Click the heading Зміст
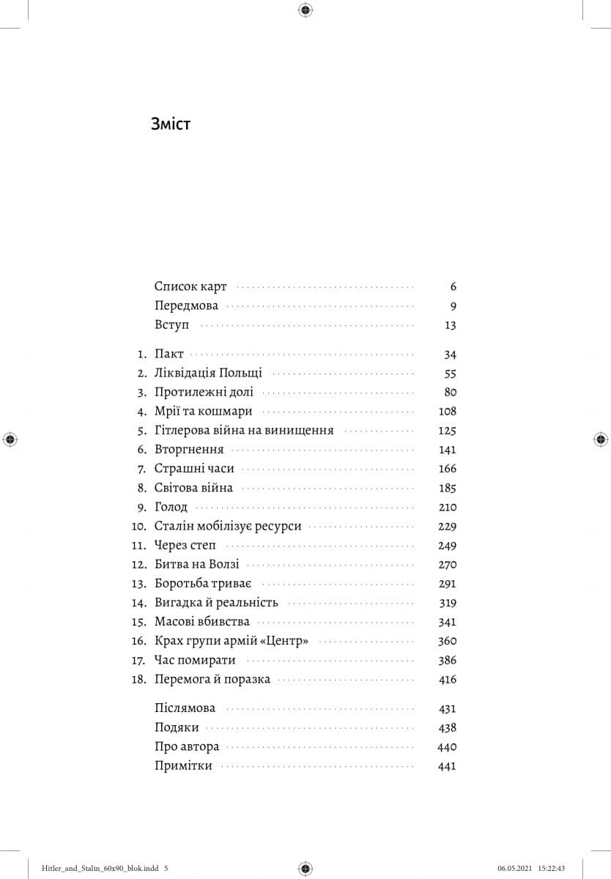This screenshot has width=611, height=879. (170, 124)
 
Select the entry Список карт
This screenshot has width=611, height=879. (190, 286)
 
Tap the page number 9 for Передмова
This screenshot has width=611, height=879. (453, 306)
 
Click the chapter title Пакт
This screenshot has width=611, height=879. (169, 355)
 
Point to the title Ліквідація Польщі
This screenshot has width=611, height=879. (208, 373)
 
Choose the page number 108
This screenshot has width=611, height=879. (447, 412)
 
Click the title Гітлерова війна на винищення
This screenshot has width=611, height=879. (244, 431)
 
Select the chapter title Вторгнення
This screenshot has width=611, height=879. (189, 450)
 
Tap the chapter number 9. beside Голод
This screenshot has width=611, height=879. (142, 507)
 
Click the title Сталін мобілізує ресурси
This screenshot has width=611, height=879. (228, 526)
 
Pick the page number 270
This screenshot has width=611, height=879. (447, 565)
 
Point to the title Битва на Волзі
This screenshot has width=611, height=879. (196, 565)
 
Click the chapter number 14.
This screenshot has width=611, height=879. (139, 603)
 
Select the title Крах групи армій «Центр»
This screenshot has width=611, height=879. (231, 641)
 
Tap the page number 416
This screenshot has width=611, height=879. (447, 679)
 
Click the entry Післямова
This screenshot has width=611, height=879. (185, 708)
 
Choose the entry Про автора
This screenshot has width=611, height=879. (187, 747)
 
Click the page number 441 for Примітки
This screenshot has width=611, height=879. (447, 766)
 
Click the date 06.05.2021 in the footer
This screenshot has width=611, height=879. (515, 868)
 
